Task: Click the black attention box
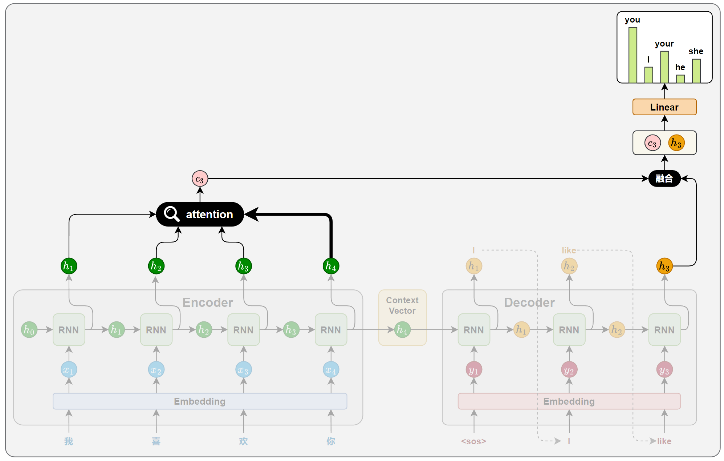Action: (200, 214)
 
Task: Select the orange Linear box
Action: (664, 107)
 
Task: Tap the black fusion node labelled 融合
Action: (664, 179)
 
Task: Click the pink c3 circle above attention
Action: (200, 179)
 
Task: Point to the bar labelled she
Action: (696, 71)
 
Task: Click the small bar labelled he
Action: (680, 79)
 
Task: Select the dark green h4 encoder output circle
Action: (331, 266)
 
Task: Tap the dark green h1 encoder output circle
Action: (69, 266)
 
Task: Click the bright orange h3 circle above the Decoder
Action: (664, 266)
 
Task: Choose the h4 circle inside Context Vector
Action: (402, 330)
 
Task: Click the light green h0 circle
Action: (29, 330)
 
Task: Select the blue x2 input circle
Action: (156, 370)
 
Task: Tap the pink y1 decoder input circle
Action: (473, 370)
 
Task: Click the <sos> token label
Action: (473, 441)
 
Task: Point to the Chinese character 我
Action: (69, 441)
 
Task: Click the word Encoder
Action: (207, 302)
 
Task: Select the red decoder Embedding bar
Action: (569, 401)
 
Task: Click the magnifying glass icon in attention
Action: (171, 214)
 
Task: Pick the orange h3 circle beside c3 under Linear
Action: (676, 143)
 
